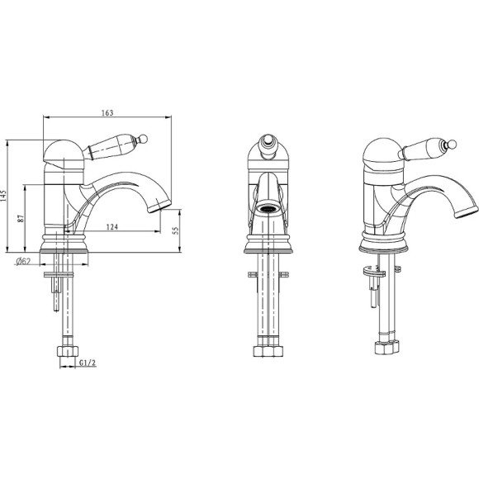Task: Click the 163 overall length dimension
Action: [x=107, y=112]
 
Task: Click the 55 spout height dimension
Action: [x=176, y=232]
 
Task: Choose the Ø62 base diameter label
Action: [x=24, y=263]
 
